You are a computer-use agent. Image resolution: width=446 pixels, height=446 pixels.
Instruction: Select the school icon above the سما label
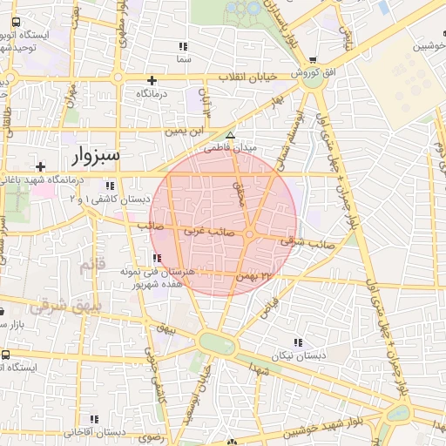(x=182, y=46)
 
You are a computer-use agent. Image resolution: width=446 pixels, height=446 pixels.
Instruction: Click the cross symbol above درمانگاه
(x=152, y=79)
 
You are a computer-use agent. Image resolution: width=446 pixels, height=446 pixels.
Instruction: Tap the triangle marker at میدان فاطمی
(x=230, y=135)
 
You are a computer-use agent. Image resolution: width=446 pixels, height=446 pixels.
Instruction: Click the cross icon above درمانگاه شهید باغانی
(x=40, y=166)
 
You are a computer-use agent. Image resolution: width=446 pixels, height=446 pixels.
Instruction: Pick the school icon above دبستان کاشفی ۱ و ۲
(x=110, y=186)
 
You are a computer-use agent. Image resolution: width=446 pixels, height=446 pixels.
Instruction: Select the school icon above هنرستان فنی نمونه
(x=156, y=259)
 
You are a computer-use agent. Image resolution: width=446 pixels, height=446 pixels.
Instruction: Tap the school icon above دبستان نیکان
(x=300, y=342)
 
